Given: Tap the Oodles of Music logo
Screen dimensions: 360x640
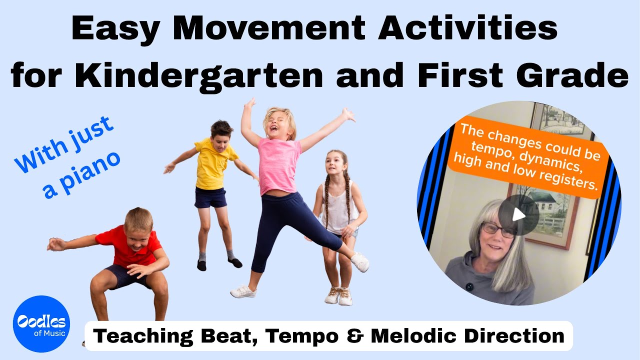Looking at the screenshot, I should (41, 324).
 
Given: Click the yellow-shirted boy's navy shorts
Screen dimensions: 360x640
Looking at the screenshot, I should (210, 197).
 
